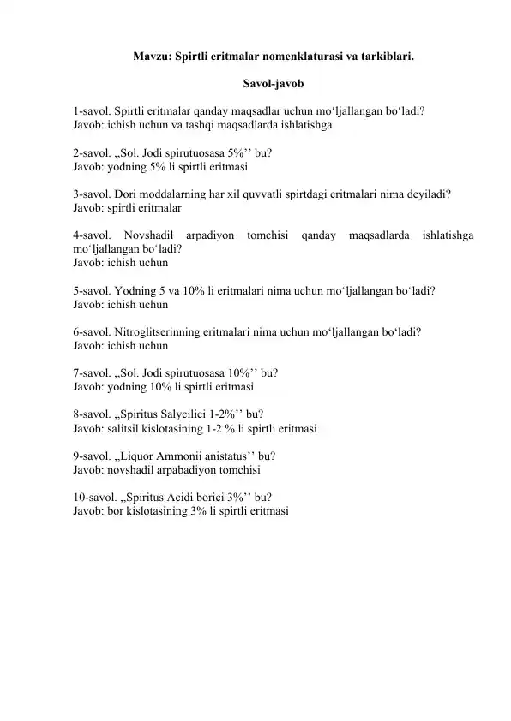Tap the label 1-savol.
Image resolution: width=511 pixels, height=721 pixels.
(x=92, y=110)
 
